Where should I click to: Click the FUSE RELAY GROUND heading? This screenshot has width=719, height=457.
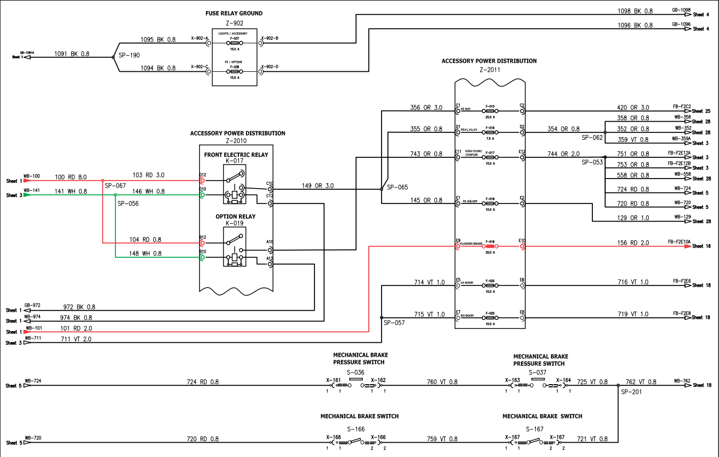click(234, 13)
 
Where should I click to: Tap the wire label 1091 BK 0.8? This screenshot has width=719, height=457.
click(72, 54)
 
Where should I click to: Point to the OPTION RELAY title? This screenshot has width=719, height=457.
click(235, 217)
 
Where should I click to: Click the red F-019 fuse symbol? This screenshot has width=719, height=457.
click(490, 247)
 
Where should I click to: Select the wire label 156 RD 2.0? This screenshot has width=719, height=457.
click(633, 243)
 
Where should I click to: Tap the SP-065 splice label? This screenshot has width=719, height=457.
click(397, 187)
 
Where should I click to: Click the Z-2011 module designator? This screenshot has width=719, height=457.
click(490, 69)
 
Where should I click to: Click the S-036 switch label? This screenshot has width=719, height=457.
click(356, 372)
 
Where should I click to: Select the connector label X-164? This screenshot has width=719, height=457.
click(563, 380)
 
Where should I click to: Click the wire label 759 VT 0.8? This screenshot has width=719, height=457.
click(442, 439)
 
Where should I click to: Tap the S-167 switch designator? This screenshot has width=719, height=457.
click(535, 429)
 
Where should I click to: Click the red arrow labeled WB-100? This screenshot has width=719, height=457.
click(27, 181)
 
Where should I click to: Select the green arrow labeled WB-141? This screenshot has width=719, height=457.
click(27, 195)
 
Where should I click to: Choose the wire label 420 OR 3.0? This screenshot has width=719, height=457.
click(633, 107)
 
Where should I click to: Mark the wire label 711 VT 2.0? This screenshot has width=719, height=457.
click(76, 339)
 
